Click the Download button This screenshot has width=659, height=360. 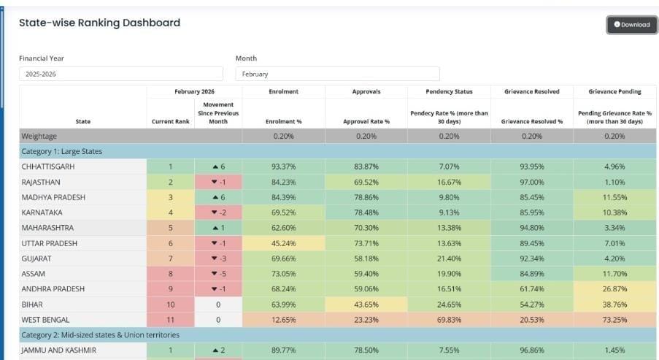click(x=631, y=25)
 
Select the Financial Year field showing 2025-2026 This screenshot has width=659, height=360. click(x=121, y=74)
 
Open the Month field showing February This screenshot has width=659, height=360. click(x=337, y=74)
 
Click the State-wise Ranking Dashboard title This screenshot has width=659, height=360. click(x=99, y=23)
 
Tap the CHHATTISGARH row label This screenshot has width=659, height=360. click(x=48, y=166)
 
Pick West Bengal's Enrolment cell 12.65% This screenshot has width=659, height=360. click(x=283, y=320)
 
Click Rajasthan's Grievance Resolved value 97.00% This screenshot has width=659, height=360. click(x=533, y=182)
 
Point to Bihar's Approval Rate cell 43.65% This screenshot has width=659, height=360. click(x=366, y=305)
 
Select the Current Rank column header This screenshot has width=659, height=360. click(x=171, y=121)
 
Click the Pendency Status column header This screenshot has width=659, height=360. click(x=449, y=91)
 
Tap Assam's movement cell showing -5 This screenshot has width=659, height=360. click(x=217, y=274)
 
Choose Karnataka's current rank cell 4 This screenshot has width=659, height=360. click(x=171, y=212)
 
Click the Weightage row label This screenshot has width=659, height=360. click(x=40, y=136)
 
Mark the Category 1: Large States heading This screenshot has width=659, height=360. click(x=62, y=151)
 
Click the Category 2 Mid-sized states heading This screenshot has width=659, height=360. click(x=100, y=334)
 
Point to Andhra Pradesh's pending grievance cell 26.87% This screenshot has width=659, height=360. click(x=614, y=289)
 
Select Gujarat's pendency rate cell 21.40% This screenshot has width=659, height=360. click(x=450, y=258)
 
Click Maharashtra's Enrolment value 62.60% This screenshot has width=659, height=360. click(x=283, y=228)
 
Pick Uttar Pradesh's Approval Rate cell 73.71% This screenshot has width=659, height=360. click(x=366, y=243)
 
